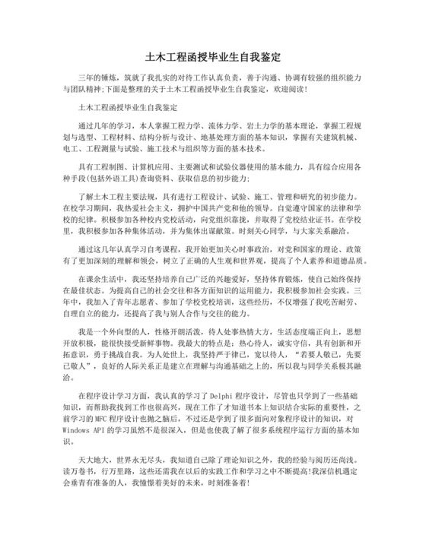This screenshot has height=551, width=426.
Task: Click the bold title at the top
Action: pos(213,57)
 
